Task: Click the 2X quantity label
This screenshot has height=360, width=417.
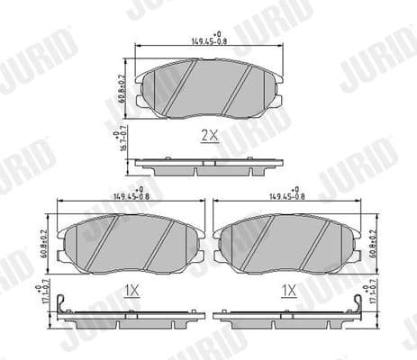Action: click(209, 135)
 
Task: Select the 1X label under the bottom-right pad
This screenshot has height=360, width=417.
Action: click(288, 290)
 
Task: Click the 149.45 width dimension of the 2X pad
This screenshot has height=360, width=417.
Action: click(208, 40)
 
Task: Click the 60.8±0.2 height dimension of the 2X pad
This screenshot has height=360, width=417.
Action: click(122, 87)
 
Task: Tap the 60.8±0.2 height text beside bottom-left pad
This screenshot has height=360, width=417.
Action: click(45, 243)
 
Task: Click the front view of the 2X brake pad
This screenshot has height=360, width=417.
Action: click(208, 88)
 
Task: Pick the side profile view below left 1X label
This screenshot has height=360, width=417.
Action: click(130, 316)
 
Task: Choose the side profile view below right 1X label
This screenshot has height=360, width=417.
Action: click(288, 316)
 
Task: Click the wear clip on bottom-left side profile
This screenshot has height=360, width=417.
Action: click(60, 309)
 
